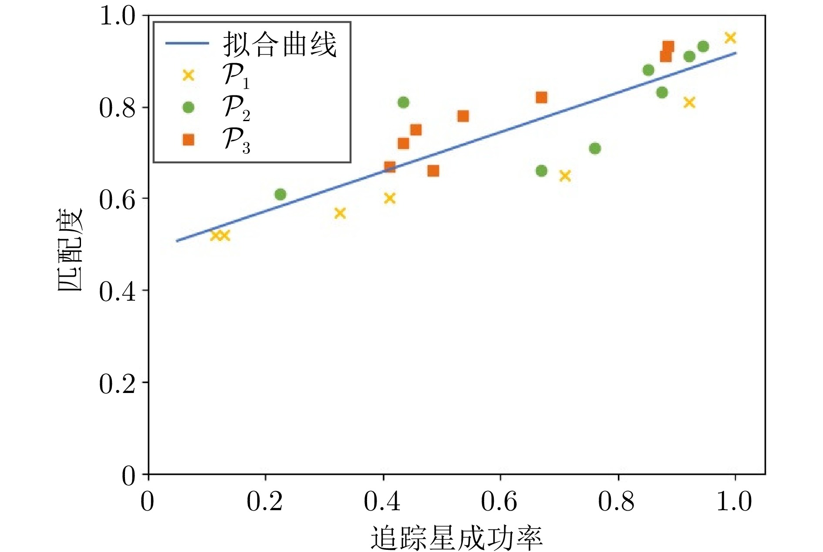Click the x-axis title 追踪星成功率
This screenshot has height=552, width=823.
[456, 538]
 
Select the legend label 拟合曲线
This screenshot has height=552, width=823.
[280, 44]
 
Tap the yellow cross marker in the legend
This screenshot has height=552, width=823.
[188, 75]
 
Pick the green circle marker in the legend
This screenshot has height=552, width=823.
[188, 107]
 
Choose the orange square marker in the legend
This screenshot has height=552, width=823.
[188, 139]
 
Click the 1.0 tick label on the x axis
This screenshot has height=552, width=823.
[734, 501]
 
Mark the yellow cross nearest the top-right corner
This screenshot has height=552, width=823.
[730, 38]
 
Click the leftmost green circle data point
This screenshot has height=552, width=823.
[280, 194]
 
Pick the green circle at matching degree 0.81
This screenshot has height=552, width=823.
[403, 102]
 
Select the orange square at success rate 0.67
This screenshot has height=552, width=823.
[541, 98]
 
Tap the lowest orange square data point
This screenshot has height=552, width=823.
[433, 171]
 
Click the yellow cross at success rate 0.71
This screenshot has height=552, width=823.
[565, 176]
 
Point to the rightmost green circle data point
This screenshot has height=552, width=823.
[703, 47]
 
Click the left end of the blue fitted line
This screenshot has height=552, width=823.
[177, 240]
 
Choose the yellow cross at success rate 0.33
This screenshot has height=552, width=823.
[340, 213]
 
